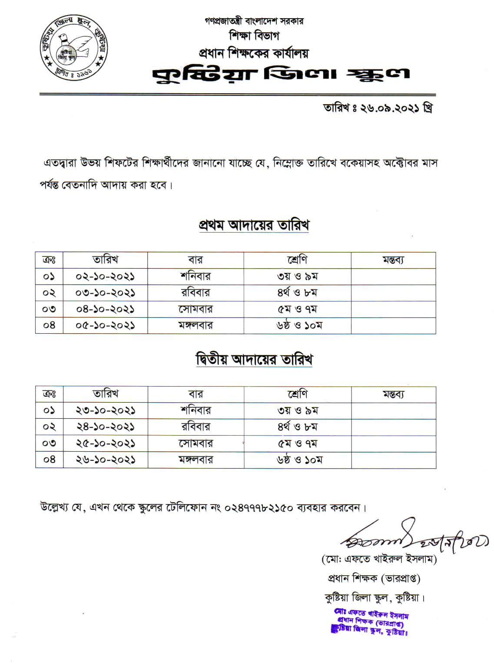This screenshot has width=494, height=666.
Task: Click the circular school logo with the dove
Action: coord(74,48)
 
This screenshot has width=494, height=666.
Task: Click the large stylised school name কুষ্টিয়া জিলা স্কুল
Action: coord(281,75)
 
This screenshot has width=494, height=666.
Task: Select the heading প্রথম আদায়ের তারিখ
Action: coord(254,225)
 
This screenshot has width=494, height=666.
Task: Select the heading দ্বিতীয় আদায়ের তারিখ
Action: coord(254,360)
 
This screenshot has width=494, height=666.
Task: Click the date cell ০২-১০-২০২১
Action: coord(105,276)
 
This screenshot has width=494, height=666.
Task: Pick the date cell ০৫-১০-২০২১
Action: coord(105,325)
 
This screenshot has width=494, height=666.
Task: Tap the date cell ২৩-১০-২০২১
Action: coord(105,410)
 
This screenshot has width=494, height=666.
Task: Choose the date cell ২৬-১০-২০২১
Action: coord(105,460)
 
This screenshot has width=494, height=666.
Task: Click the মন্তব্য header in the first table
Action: coord(393,260)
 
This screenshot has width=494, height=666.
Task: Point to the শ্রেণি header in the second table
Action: coord(298,394)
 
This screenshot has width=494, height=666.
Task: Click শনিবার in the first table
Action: coord(196,276)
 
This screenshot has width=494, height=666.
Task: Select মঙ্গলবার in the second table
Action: coord(196,460)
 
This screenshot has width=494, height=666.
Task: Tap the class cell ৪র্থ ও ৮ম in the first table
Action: coord(298,293)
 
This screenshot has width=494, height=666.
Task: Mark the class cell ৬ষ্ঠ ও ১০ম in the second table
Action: coord(299,460)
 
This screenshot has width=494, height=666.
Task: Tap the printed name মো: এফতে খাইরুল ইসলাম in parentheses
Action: coord(379,559)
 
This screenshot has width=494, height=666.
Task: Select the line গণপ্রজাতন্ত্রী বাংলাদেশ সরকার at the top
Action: coord(254,21)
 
